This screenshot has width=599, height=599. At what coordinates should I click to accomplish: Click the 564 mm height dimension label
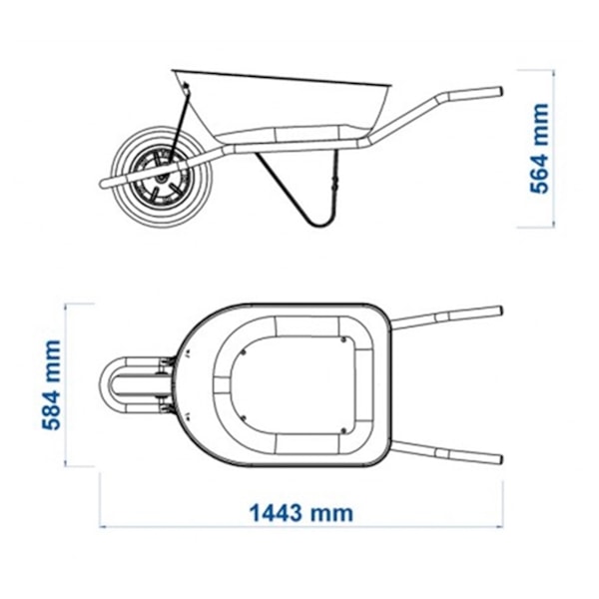pyautogui.click(x=540, y=149)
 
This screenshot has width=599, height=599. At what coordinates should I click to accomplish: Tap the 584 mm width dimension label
pyautogui.click(x=51, y=385)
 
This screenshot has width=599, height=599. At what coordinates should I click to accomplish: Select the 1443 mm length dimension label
pyautogui.click(x=301, y=513)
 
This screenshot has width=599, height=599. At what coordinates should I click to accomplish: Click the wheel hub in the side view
pyautogui.click(x=163, y=178)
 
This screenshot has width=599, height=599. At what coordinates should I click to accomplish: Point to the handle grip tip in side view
pyautogui.click(x=499, y=92)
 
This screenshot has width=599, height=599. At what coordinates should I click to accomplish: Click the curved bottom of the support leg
pyautogui.click(x=319, y=225)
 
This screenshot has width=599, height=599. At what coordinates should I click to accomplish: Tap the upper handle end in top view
pyautogui.click(x=498, y=310)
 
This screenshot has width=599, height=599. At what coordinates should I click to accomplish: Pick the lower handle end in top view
pyautogui.click(x=498, y=459)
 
